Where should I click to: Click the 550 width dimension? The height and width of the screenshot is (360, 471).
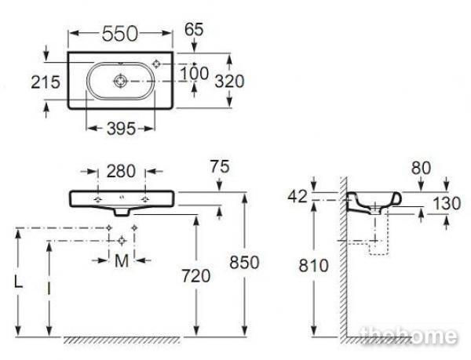pos(119,34)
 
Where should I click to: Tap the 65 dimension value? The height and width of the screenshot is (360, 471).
pos(194,29)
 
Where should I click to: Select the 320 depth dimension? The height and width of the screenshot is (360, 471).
pos(229,82)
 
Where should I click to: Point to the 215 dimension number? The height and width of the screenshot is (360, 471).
pos(46,82)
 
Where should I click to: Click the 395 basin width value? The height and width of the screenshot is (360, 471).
pos(122,129)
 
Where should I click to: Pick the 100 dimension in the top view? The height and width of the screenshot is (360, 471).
pos(194,74)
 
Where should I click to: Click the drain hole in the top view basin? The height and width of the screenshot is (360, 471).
pos(121,81)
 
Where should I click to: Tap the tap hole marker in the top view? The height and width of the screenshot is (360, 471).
pos(156,64)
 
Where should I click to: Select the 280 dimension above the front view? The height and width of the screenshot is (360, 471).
pos(121,172)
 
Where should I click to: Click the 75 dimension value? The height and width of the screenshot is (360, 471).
pos(220,167)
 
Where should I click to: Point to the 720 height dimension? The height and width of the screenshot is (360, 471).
pos(195,276)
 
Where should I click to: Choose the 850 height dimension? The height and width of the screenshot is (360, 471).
pos(244,263)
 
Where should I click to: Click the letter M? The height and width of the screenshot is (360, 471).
pos(122,261)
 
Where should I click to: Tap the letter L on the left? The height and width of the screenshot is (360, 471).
pos(18,282)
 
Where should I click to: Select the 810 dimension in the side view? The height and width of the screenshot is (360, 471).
pos(313,266)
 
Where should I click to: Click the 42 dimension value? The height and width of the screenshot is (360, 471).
pos(298,197)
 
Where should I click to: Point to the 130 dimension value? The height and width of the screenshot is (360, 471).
pos(447,204)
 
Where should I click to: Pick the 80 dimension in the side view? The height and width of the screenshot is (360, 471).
pos(421,168)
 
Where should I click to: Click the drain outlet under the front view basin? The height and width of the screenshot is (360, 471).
pos(122,212)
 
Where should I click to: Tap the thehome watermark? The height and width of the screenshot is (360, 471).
pos(409,336)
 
